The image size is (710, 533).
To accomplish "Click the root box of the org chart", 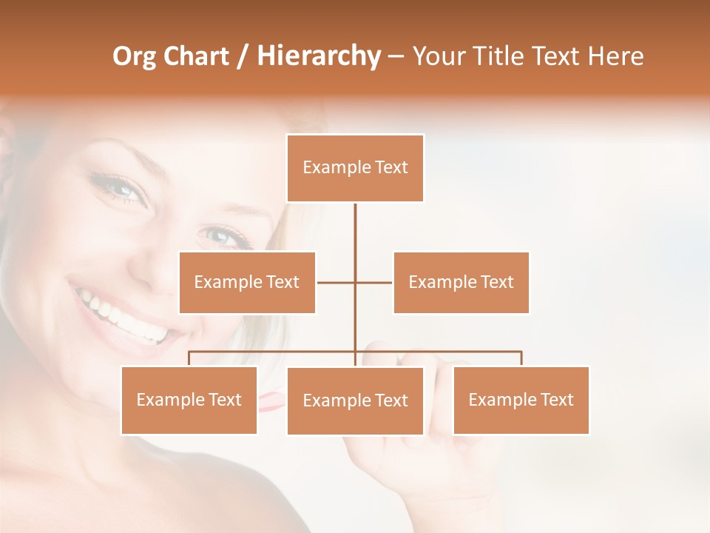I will pos(355,168).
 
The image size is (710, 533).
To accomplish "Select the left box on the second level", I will pos(247,282).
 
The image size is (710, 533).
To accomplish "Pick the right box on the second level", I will pos(461,282).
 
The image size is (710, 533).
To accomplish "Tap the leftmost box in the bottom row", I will pos(189,400).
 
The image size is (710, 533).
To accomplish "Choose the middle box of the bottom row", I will pos(355,400).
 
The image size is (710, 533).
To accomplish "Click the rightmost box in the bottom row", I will pos(521,400).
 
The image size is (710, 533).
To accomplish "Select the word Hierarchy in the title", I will pos(319,56).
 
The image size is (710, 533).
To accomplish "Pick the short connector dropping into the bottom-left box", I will pos(189,358).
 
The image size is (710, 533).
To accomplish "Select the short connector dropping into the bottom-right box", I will pos(521,358).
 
